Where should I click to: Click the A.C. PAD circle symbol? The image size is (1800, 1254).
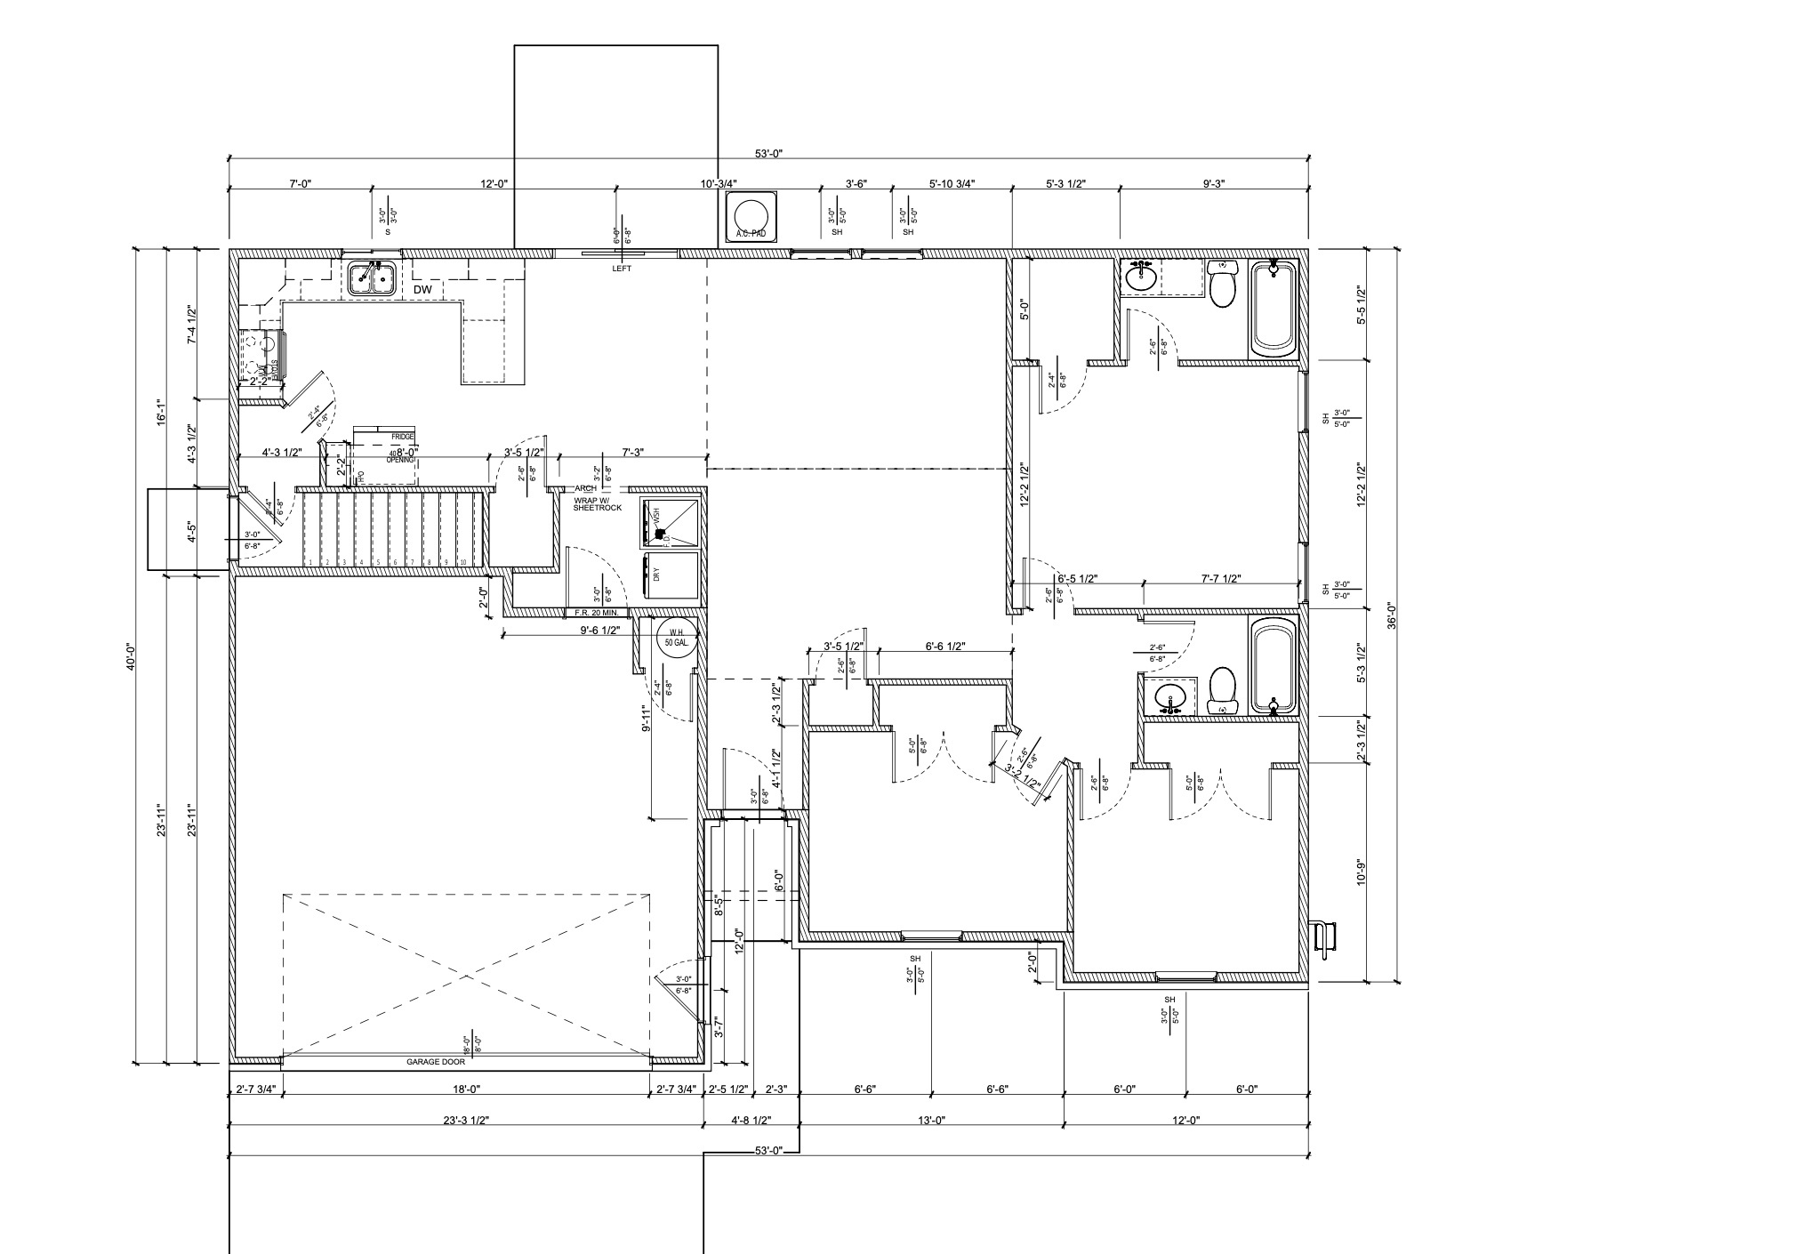[x=750, y=218]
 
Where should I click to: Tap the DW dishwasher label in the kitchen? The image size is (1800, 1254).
[x=422, y=290]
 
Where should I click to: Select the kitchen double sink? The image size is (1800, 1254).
[x=372, y=278]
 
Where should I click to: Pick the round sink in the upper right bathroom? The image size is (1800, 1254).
[x=1140, y=278]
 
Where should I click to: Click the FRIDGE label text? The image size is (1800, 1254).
[x=402, y=438]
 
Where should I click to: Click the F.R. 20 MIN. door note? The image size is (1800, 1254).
[x=597, y=613]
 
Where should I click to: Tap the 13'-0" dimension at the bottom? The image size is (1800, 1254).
[x=931, y=1121]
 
